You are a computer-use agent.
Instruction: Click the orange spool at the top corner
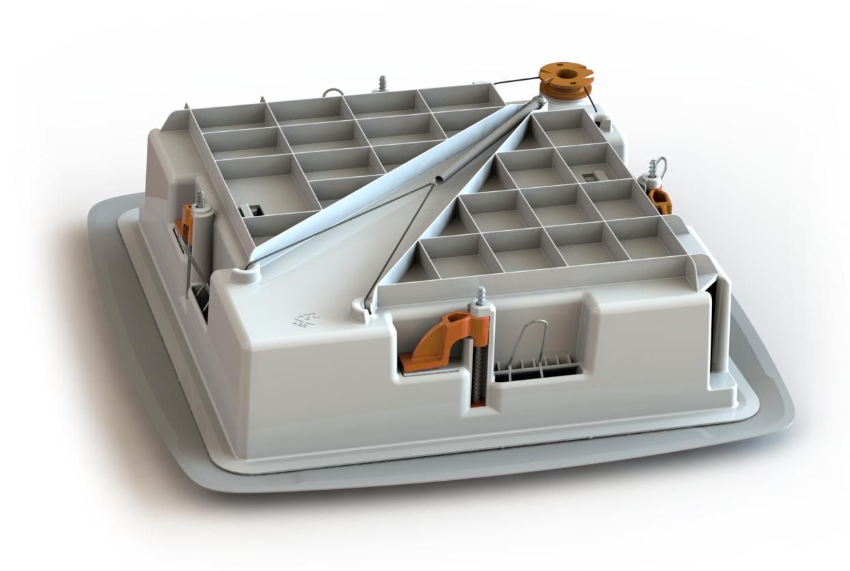tap(564, 81)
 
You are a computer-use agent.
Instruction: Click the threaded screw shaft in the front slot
tap(476, 369)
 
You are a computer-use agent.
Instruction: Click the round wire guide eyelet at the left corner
tap(244, 273)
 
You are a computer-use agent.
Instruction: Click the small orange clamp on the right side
tap(660, 200)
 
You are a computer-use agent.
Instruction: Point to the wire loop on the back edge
tap(331, 93)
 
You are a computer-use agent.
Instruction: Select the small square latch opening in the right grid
tap(589, 176)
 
